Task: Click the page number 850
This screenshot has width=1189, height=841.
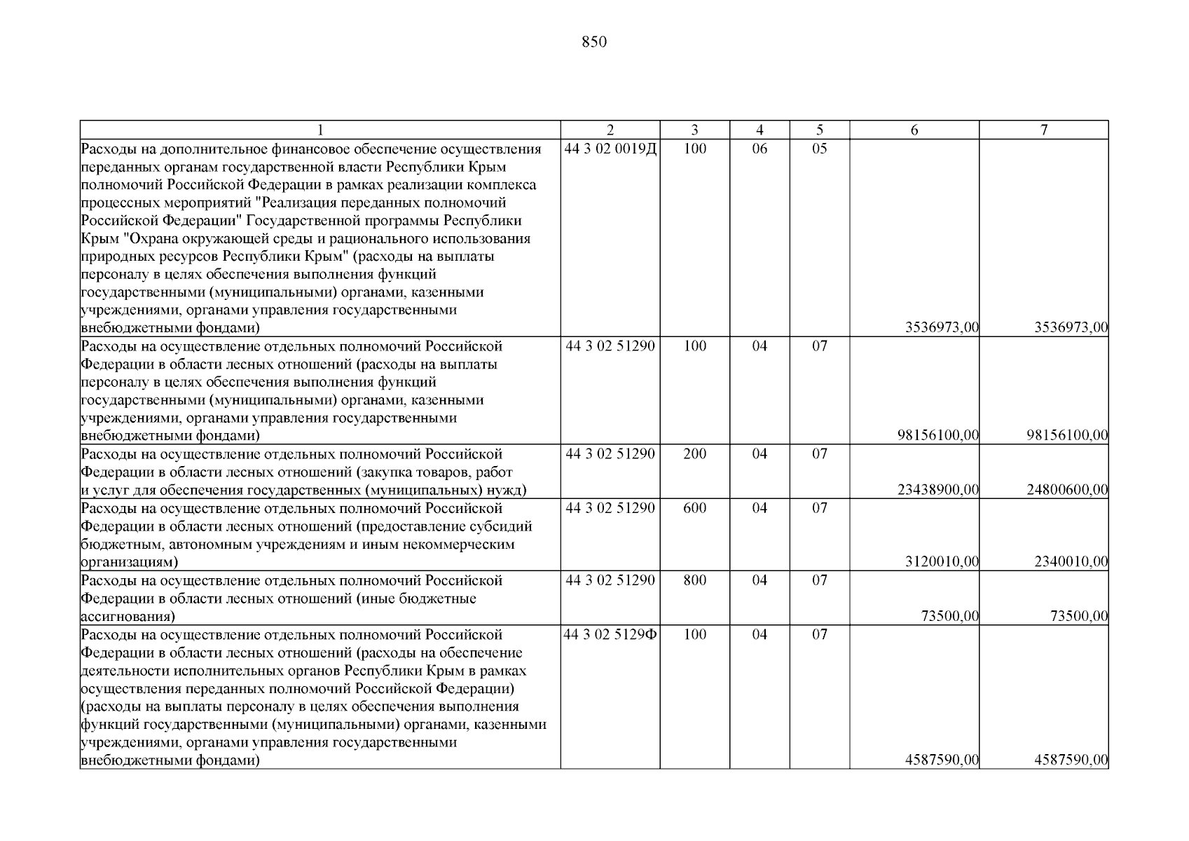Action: click(594, 42)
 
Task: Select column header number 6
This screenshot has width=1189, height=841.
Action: click(914, 130)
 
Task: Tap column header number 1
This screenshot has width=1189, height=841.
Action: click(320, 130)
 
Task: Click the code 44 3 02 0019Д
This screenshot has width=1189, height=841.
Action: click(610, 149)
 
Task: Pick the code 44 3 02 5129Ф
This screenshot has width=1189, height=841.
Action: click(610, 635)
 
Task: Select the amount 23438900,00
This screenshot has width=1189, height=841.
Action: click(937, 490)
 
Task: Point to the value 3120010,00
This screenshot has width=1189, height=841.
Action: click(942, 562)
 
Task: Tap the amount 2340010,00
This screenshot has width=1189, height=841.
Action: click(1071, 562)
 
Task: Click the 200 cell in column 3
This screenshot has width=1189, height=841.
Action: click(694, 454)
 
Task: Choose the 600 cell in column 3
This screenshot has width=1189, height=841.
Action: click(694, 508)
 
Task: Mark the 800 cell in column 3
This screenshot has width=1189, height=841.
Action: click(694, 580)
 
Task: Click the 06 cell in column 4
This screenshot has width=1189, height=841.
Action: click(760, 149)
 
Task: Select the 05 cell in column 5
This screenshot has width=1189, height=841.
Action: click(820, 149)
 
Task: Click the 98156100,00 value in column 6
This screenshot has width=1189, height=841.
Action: click(937, 436)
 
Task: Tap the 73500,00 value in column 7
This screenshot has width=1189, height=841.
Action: click(1079, 617)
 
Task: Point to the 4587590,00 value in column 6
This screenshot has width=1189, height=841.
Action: click(942, 760)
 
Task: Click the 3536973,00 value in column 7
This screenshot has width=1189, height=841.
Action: click(1071, 327)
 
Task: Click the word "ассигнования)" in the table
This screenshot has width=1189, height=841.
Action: click(128, 617)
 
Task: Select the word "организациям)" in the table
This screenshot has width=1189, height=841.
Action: click(130, 562)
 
